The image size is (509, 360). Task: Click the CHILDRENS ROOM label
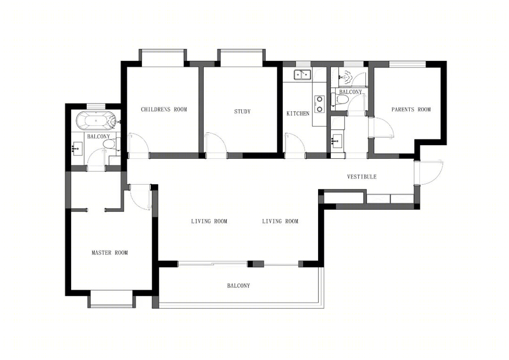click(164, 109)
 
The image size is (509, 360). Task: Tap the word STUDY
click(243, 112)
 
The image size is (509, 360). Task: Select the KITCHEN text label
click(298, 114)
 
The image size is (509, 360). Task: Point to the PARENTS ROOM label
click(411, 110)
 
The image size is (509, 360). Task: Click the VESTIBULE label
click(362, 177)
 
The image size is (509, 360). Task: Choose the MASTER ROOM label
click(110, 253)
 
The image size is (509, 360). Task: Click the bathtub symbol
click(96, 121)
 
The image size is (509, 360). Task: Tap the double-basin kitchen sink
click(303, 74)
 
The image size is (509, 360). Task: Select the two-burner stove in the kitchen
click(320, 104)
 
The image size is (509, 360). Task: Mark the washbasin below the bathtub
click(78, 149)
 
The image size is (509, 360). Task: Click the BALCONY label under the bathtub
click(99, 137)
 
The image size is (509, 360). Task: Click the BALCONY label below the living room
click(238, 286)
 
